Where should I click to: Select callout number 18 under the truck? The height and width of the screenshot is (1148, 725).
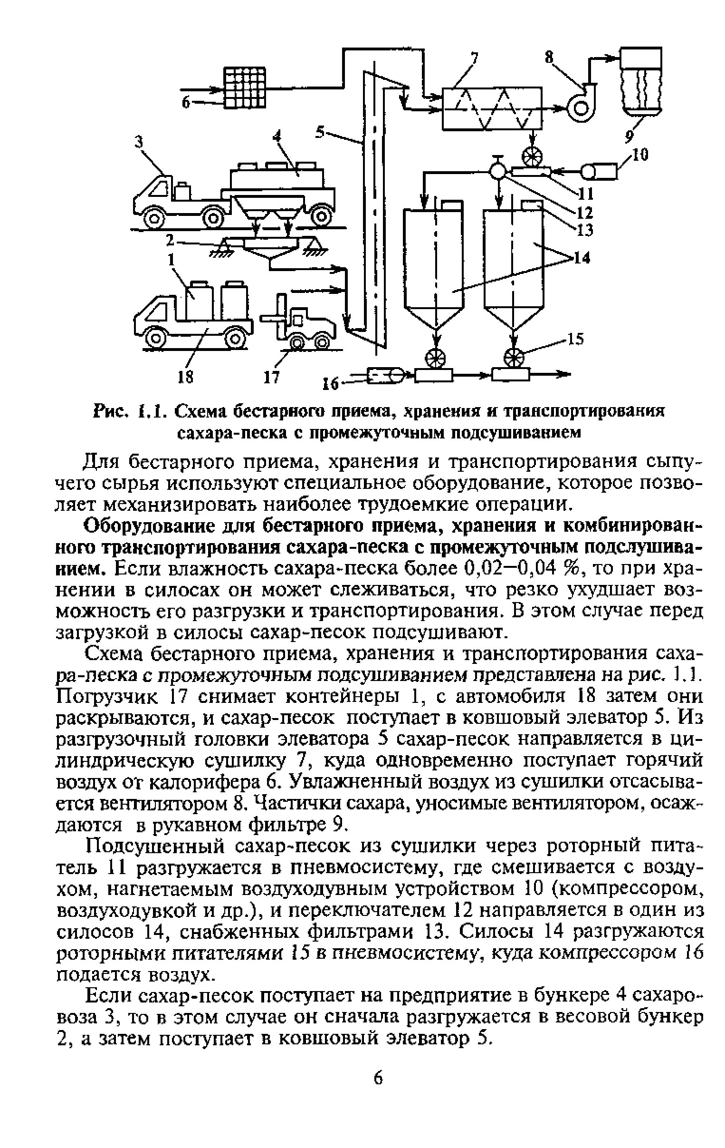(x=186, y=377)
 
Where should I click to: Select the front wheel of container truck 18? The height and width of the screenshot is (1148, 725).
(x=155, y=338)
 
